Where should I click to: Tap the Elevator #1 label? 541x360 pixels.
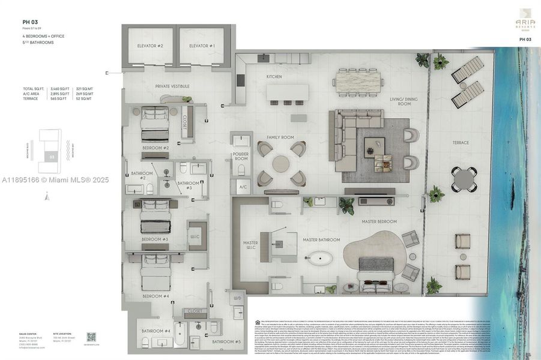click(x=202, y=46)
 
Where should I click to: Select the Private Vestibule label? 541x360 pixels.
click(x=172, y=87)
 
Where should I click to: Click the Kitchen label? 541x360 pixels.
click(x=274, y=77)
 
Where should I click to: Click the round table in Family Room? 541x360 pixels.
click(x=281, y=163)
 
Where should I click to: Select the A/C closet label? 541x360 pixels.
click(x=243, y=188)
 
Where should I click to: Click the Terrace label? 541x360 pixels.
click(x=461, y=143)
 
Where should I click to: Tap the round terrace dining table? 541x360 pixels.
click(x=464, y=179)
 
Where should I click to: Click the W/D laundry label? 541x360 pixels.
click(x=238, y=298)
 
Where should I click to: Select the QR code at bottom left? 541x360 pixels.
click(x=91, y=337)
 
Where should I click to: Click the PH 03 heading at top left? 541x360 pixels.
click(x=31, y=23)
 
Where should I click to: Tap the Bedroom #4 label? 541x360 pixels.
click(x=155, y=296)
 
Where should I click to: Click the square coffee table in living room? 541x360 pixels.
click(x=375, y=146)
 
